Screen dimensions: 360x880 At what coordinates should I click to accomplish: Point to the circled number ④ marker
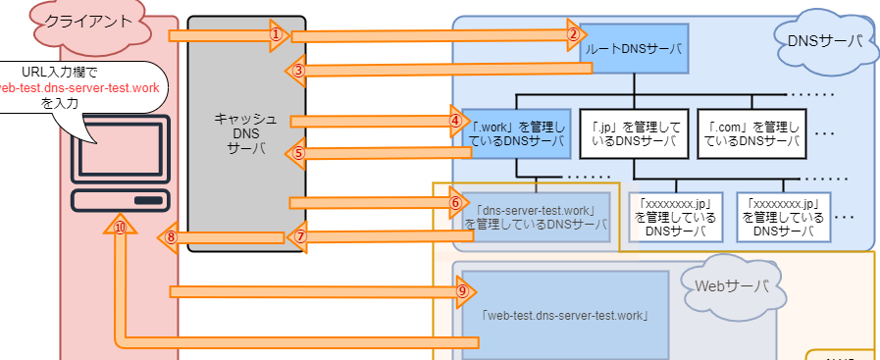(x=455, y=121)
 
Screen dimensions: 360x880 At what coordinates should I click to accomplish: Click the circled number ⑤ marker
(x=299, y=152)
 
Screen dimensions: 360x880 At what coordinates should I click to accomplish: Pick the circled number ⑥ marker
(x=454, y=202)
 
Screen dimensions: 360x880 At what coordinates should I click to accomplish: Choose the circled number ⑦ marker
(x=301, y=235)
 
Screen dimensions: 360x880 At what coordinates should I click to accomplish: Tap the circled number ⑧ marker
(x=170, y=236)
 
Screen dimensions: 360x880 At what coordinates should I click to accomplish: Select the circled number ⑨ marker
(x=462, y=290)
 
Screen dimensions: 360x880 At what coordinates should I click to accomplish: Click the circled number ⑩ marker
(x=120, y=228)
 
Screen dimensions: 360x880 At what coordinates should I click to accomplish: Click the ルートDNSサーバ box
(x=633, y=47)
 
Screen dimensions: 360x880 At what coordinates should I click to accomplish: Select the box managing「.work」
(x=515, y=132)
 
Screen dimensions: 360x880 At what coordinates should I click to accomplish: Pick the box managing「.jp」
(x=633, y=132)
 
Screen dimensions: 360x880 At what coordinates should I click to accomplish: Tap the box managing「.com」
(x=751, y=132)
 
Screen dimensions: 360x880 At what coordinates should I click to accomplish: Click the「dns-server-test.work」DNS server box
(x=536, y=217)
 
